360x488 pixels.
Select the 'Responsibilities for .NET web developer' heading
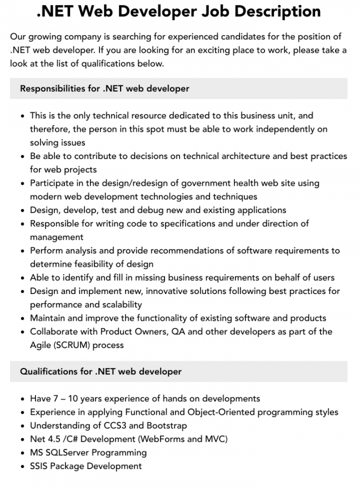click(104, 88)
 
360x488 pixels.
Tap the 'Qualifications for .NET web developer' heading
click(101, 371)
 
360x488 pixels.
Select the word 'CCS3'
click(117, 426)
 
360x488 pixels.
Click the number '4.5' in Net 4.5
click(57, 439)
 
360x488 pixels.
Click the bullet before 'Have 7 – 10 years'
click(22, 399)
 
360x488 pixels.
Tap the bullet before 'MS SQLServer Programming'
click(22, 453)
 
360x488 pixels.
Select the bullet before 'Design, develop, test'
click(22, 210)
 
